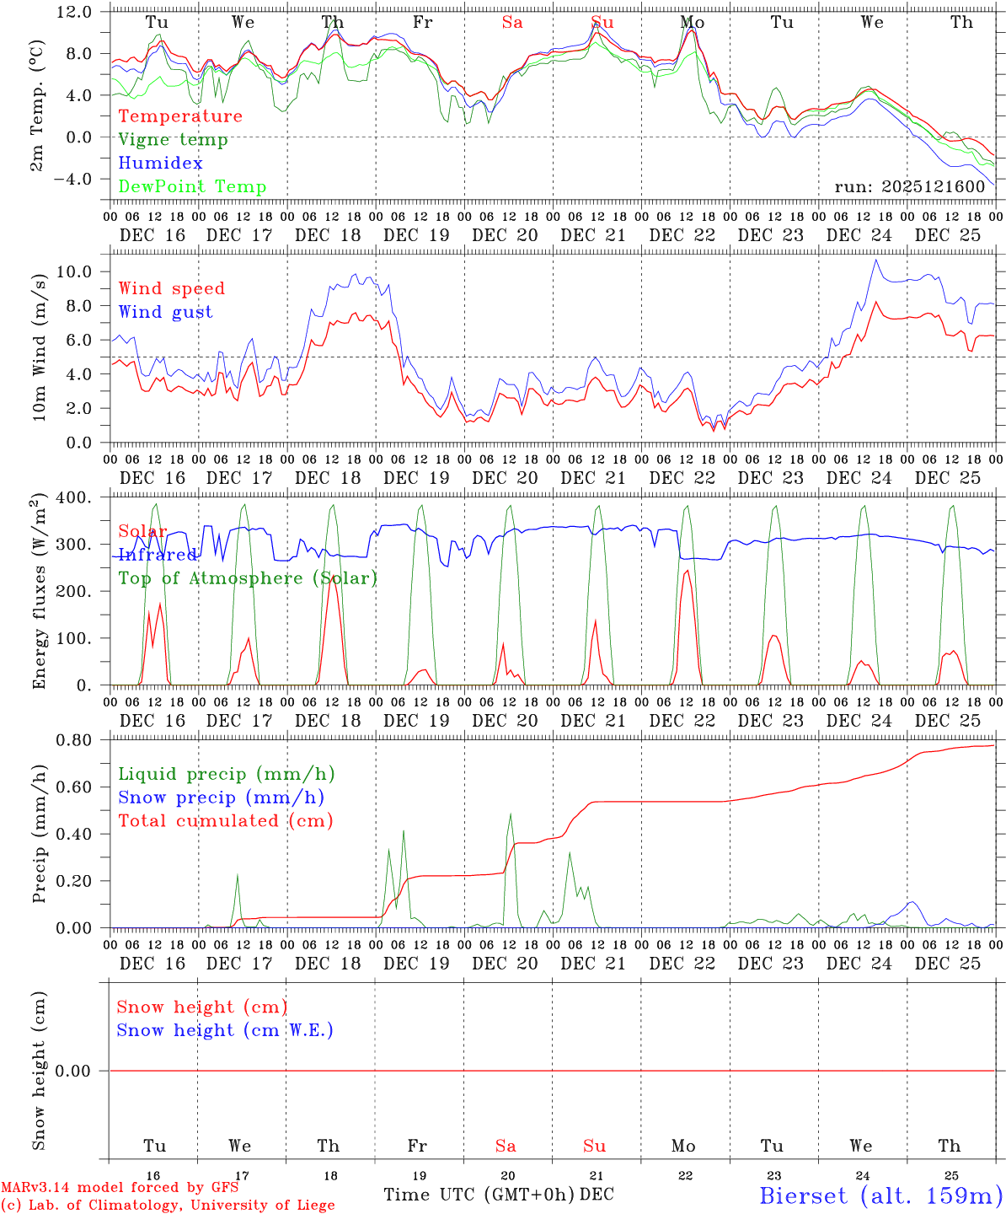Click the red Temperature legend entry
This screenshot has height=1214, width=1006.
(x=180, y=116)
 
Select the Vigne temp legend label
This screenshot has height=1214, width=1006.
(x=173, y=140)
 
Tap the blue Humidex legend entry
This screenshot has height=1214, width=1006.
(x=160, y=164)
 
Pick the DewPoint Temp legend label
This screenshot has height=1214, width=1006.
(x=192, y=187)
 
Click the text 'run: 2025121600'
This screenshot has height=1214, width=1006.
(x=909, y=187)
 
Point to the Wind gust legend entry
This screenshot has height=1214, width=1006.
(x=165, y=312)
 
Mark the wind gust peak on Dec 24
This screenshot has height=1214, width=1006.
(x=876, y=260)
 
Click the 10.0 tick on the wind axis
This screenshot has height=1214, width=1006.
(x=85, y=271)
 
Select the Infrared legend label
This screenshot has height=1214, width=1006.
(x=158, y=555)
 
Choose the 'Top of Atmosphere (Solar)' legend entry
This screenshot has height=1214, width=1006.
(x=248, y=578)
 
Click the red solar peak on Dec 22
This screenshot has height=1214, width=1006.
(x=687, y=571)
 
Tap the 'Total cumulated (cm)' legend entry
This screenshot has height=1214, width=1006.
(x=226, y=821)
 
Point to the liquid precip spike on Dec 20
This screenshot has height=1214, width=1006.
(x=511, y=814)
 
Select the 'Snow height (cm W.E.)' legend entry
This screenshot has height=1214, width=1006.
(x=225, y=1030)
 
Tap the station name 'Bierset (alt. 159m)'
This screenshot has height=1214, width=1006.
(x=880, y=1195)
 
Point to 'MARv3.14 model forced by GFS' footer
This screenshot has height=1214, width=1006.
(x=120, y=1188)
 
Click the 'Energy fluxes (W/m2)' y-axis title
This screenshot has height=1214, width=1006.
(x=39, y=593)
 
